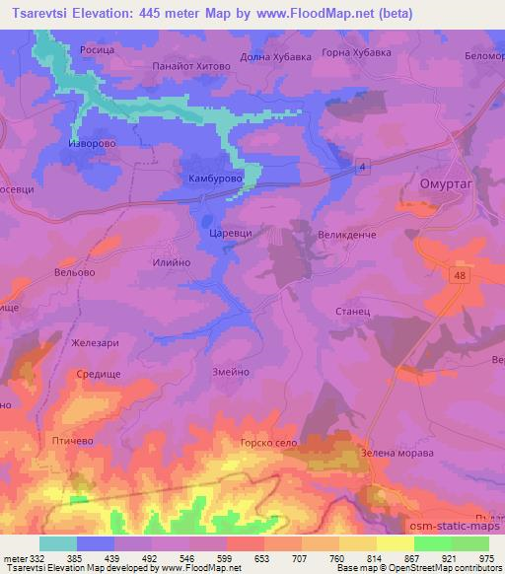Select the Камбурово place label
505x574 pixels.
(x=210, y=179)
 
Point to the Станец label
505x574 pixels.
(x=351, y=312)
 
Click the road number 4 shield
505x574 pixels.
(x=363, y=168)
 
